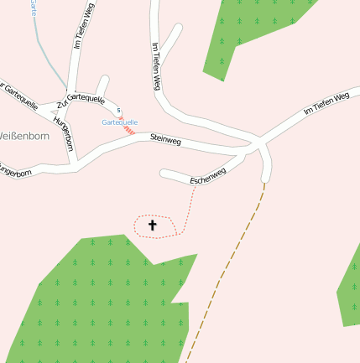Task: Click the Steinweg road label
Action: [x=165, y=137]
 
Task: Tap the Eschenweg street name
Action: [x=208, y=179]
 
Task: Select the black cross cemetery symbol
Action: [x=153, y=225]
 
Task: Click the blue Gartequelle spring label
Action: [x=119, y=122]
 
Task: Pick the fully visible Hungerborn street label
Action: [x=64, y=132]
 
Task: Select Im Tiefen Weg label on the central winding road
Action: [x=155, y=68]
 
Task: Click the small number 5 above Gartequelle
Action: [x=119, y=111]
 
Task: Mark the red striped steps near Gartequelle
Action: [x=128, y=130]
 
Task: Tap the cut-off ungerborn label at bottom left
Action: [x=17, y=174]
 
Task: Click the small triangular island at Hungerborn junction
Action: [x=56, y=107]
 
